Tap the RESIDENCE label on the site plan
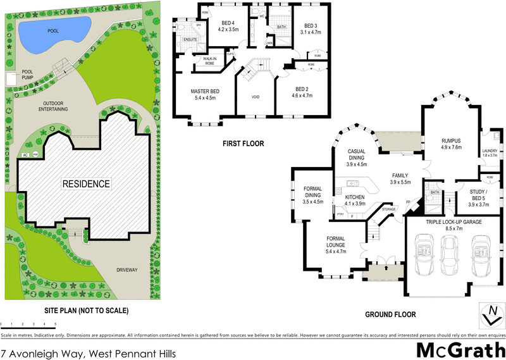(85, 184)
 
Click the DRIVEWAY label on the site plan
(126, 270)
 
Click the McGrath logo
(461, 349)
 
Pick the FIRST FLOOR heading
(243, 144)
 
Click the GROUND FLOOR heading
(390, 314)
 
